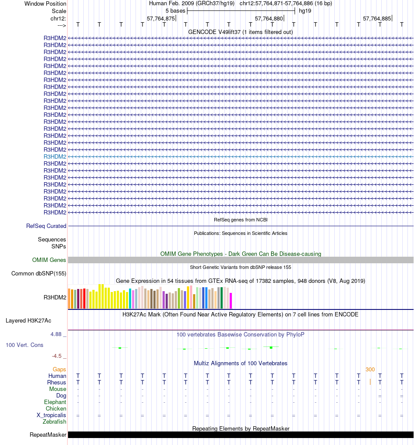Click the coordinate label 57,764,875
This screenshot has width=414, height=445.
(x=161, y=19)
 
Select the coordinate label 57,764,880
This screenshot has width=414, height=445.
(x=269, y=19)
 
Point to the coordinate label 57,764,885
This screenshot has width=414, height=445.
(x=377, y=19)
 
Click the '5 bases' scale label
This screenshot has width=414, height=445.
(x=175, y=10)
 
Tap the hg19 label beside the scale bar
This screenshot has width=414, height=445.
(x=305, y=10)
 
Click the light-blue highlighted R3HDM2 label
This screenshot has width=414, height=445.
(x=55, y=156)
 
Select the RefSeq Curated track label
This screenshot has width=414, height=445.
(x=46, y=226)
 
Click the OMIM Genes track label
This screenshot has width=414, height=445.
(x=49, y=260)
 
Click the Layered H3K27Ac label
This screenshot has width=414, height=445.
(x=28, y=321)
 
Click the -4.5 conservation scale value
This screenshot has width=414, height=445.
(x=58, y=356)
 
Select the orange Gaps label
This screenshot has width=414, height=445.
(x=59, y=369)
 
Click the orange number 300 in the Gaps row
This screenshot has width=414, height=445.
(x=370, y=369)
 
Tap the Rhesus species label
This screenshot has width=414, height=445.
(x=57, y=382)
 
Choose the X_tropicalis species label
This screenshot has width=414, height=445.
(x=51, y=415)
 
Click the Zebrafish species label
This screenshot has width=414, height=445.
(x=54, y=421)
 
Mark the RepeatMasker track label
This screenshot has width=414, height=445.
(x=48, y=435)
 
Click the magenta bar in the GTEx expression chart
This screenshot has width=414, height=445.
(x=231, y=300)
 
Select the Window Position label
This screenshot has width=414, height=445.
(x=45, y=3)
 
